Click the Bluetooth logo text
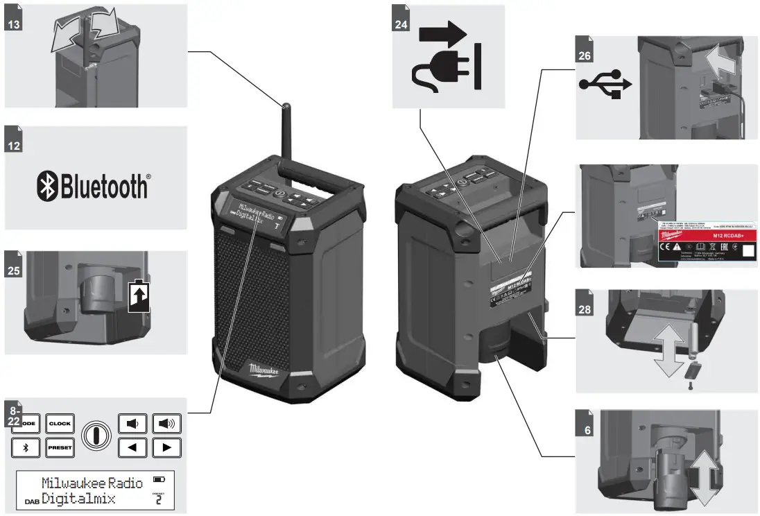92,186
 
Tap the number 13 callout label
13,24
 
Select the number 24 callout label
401,24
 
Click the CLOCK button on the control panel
60,422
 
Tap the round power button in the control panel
96,436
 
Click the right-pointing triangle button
166,448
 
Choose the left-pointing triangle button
132,448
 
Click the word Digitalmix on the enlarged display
78,499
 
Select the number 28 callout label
585,309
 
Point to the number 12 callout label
13,146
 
